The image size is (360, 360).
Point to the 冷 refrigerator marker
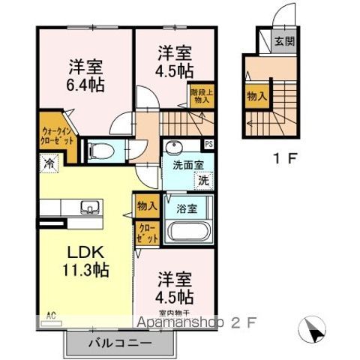click(49, 161)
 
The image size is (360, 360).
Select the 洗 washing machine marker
click(202, 181)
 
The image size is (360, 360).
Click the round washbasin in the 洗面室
click(175, 146)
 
